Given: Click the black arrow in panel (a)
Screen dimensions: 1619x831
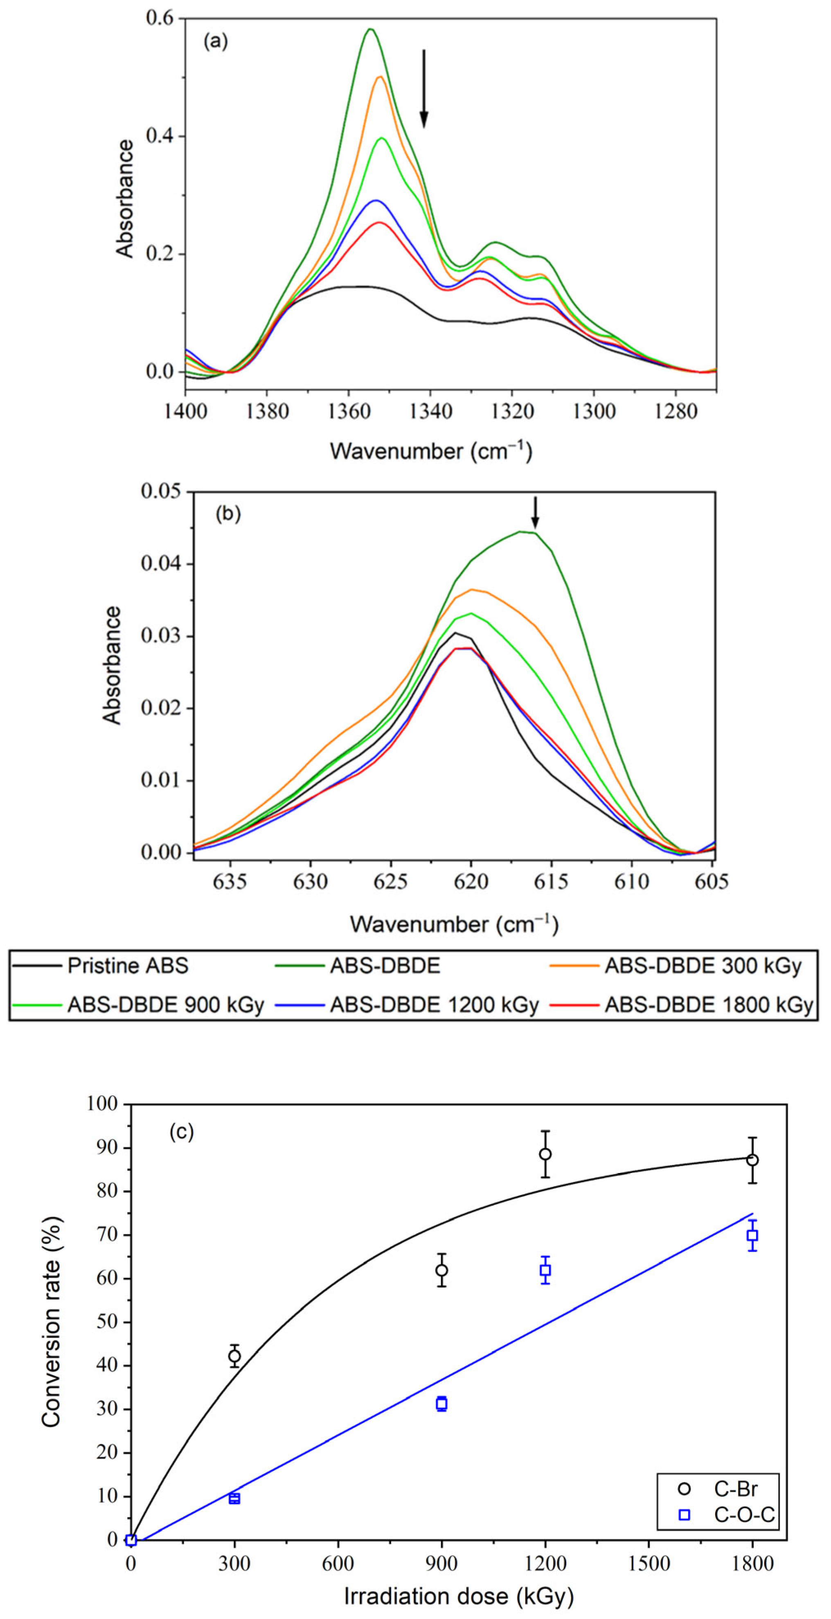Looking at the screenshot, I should click(423, 88).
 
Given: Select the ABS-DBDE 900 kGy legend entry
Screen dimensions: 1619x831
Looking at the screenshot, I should click(165, 1005).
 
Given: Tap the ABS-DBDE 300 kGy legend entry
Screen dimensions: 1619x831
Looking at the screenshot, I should click(703, 965).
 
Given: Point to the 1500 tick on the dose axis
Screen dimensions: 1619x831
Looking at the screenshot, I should click(648, 1564).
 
